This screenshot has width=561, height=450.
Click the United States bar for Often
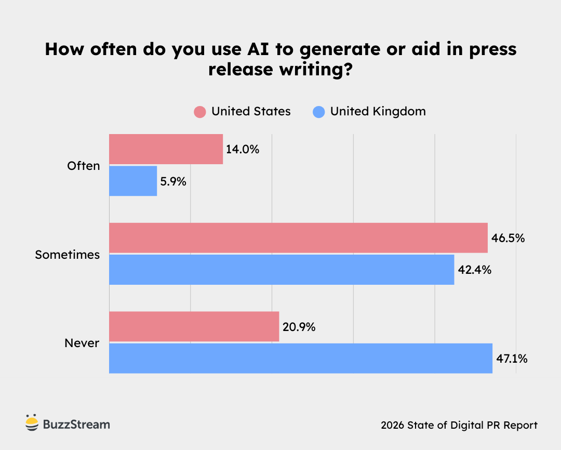point(166,149)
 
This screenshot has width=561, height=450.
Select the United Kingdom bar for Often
point(133,181)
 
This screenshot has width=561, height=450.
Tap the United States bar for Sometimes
point(298,238)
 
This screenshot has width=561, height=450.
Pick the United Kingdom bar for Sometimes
point(282,270)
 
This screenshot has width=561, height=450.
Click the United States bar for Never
point(194,327)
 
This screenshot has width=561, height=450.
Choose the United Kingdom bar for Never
point(300,358)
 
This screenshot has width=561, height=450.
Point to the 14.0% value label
point(242,150)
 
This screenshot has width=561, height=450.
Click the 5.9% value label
point(173,181)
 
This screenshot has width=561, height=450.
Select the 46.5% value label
point(507,239)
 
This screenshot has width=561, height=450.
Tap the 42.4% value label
point(474,270)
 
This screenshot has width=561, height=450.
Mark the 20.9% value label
point(299,327)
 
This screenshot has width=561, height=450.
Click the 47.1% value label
point(512,359)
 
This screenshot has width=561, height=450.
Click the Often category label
point(83,166)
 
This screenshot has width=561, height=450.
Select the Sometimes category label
point(67,255)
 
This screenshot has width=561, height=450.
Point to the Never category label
point(82,343)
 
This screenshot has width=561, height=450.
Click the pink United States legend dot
point(200,112)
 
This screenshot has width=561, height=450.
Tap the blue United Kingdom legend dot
point(319,112)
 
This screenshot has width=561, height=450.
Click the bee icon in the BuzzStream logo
point(32,423)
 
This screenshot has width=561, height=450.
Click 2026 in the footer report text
point(393,425)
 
